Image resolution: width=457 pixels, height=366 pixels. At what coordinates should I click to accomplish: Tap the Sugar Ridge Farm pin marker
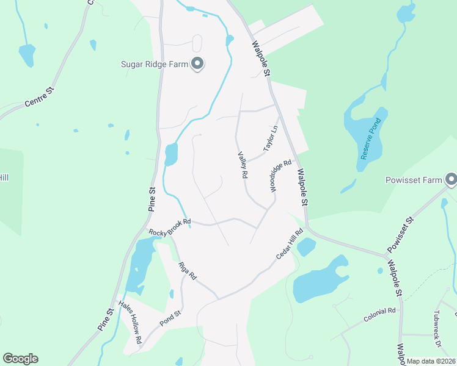pos(197,63)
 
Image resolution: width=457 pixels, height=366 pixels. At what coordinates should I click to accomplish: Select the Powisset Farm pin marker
pos(452,179)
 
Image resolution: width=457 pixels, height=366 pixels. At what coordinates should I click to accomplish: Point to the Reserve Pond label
pos(369,142)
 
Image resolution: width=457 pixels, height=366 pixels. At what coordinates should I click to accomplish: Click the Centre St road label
pos(40,98)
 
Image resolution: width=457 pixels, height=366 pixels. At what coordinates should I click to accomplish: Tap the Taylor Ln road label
pos(270,139)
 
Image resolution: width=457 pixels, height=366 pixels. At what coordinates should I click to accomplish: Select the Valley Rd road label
pos(243,165)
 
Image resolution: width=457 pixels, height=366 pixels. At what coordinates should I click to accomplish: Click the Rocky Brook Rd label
pos(170,226)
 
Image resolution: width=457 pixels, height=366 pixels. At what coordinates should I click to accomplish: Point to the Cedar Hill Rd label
pos(290,244)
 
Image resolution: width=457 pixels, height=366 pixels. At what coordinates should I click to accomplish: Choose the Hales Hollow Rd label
pos(130,323)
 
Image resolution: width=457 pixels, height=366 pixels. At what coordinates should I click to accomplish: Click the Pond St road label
pos(170,319)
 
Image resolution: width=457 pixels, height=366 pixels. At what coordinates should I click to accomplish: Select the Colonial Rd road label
pos(379,315)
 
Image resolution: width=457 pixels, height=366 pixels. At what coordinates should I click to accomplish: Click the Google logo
pos(20,359)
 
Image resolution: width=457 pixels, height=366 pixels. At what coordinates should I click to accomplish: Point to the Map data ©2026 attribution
pos(431,361)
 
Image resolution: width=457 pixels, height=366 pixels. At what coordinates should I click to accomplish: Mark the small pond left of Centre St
pos(26,54)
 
